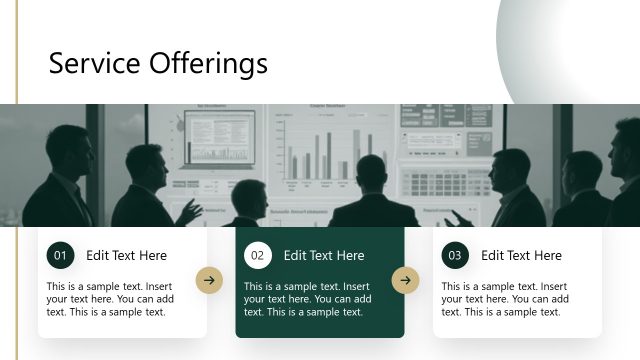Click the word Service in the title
pos(93,64)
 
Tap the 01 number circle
pos(60,256)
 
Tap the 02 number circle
pos(257,256)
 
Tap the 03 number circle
pos(455,256)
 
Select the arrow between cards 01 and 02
pos(208,281)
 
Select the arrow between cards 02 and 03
pos(405,281)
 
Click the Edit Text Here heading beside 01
pos(126,256)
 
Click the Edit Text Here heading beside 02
pos(324,256)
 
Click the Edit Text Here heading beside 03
pos(521,256)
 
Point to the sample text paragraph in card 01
pos(110,299)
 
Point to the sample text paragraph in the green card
pos(307,299)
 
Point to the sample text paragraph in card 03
pos(505,299)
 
